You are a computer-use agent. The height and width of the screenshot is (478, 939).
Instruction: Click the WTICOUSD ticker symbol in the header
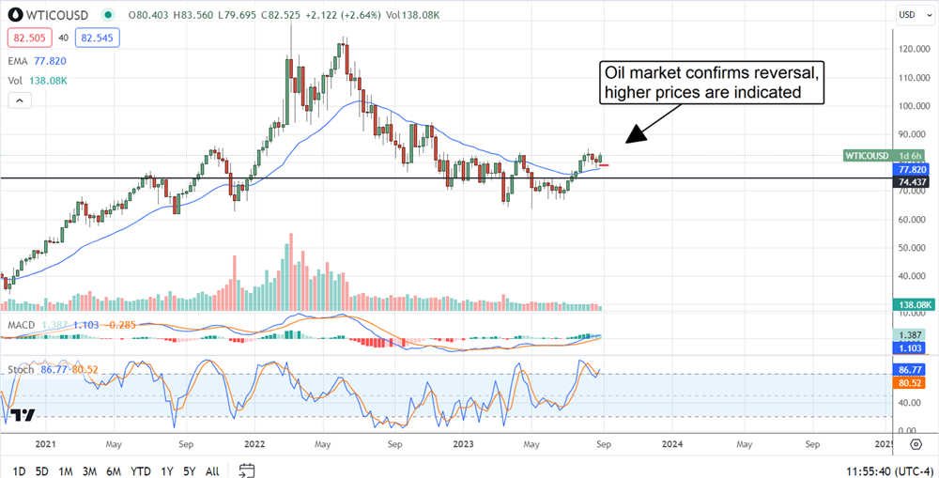click(59, 15)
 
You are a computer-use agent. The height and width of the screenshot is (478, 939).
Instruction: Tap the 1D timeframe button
click(19, 470)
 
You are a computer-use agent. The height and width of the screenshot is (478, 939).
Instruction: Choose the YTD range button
click(142, 470)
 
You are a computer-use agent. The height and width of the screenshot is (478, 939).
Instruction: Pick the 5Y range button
click(190, 470)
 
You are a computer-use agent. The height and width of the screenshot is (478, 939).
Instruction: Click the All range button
click(212, 470)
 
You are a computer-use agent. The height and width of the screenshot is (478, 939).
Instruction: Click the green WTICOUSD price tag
click(869, 156)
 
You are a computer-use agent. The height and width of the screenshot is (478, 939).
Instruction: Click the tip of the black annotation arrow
click(626, 142)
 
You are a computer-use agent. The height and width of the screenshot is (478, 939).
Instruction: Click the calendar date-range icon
click(247, 470)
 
